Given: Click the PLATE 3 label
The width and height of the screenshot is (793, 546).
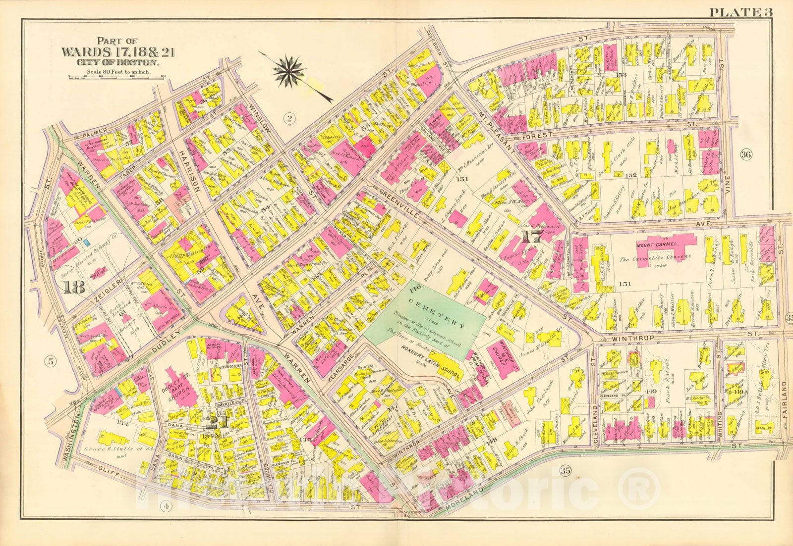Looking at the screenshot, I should (x=740, y=12).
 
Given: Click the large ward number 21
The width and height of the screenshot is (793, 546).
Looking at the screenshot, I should (x=212, y=422).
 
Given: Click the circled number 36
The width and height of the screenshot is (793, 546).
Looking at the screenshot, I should (x=746, y=154).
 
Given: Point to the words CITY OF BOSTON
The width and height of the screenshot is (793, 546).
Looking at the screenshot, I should (x=117, y=63).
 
